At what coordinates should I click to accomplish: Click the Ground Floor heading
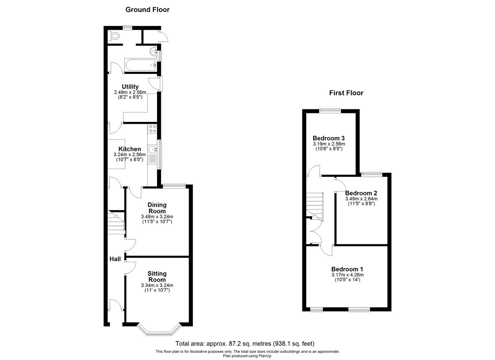[147, 10]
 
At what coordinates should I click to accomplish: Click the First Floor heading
[346, 93]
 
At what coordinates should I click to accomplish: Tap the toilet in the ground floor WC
[114, 36]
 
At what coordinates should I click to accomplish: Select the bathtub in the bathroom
[141, 65]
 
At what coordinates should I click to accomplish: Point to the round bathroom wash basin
[154, 52]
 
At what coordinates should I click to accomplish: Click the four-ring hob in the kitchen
[152, 129]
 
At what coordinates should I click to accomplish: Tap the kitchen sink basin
[153, 150]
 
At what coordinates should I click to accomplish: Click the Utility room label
[130, 86]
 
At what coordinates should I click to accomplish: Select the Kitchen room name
[130, 149]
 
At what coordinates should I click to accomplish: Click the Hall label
[115, 259]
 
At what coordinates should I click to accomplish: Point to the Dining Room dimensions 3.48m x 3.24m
[157, 217]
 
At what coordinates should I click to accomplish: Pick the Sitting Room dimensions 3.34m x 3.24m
[157, 285]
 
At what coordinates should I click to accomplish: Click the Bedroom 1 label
[347, 269]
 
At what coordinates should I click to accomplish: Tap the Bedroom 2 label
[361, 193]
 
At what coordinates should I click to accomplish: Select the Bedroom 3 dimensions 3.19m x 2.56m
[329, 144]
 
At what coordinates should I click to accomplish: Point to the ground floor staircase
[116, 223]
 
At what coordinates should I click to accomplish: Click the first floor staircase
[315, 207]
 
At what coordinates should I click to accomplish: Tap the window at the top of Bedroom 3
[330, 111]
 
